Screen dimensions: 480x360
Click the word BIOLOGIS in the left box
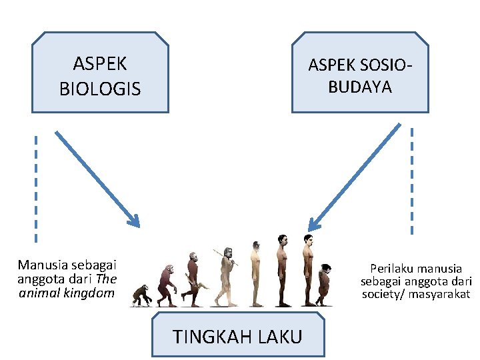pyautogui.click(x=100, y=89)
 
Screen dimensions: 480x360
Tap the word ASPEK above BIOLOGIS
pyautogui.click(x=100, y=64)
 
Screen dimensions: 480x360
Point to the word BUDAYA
pyautogui.click(x=360, y=87)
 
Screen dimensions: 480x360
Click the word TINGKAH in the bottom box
pyautogui.click(x=207, y=337)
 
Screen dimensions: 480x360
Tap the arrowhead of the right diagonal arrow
pyautogui.click(x=313, y=225)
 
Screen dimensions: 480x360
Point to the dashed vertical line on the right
pyautogui.click(x=412, y=180)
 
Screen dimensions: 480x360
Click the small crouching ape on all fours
pyautogui.click(x=141, y=295)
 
